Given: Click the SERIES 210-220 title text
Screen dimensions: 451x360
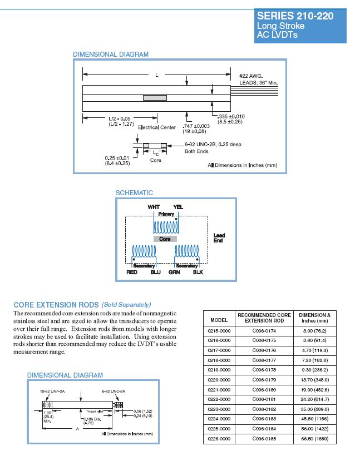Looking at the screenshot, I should click(x=295, y=16).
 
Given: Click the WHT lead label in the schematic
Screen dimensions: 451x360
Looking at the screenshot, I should click(x=154, y=207).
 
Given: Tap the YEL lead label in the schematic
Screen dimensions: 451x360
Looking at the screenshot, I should click(x=178, y=207).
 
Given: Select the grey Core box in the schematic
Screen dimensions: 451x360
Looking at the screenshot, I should click(x=165, y=239).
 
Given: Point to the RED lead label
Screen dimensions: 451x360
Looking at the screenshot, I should click(x=132, y=272).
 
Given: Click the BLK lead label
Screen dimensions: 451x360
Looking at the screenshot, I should click(x=198, y=272).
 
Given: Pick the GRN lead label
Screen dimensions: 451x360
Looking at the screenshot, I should click(x=174, y=272).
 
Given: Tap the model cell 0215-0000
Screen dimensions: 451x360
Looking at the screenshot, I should click(x=219, y=330).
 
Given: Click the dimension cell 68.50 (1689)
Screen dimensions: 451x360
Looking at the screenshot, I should click(x=315, y=439).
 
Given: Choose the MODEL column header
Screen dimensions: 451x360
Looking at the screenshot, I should click(x=219, y=319).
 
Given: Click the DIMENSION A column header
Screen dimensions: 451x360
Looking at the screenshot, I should click(x=315, y=318).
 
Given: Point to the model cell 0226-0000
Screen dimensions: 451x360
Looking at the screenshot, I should click(x=219, y=439).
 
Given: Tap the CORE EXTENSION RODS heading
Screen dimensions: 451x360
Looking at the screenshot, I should click(x=56, y=305).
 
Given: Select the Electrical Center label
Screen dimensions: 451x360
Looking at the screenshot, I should click(x=157, y=127).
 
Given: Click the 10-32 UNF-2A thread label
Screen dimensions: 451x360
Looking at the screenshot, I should click(x=51, y=391).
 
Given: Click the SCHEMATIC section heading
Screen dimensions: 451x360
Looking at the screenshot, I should click(x=134, y=193).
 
